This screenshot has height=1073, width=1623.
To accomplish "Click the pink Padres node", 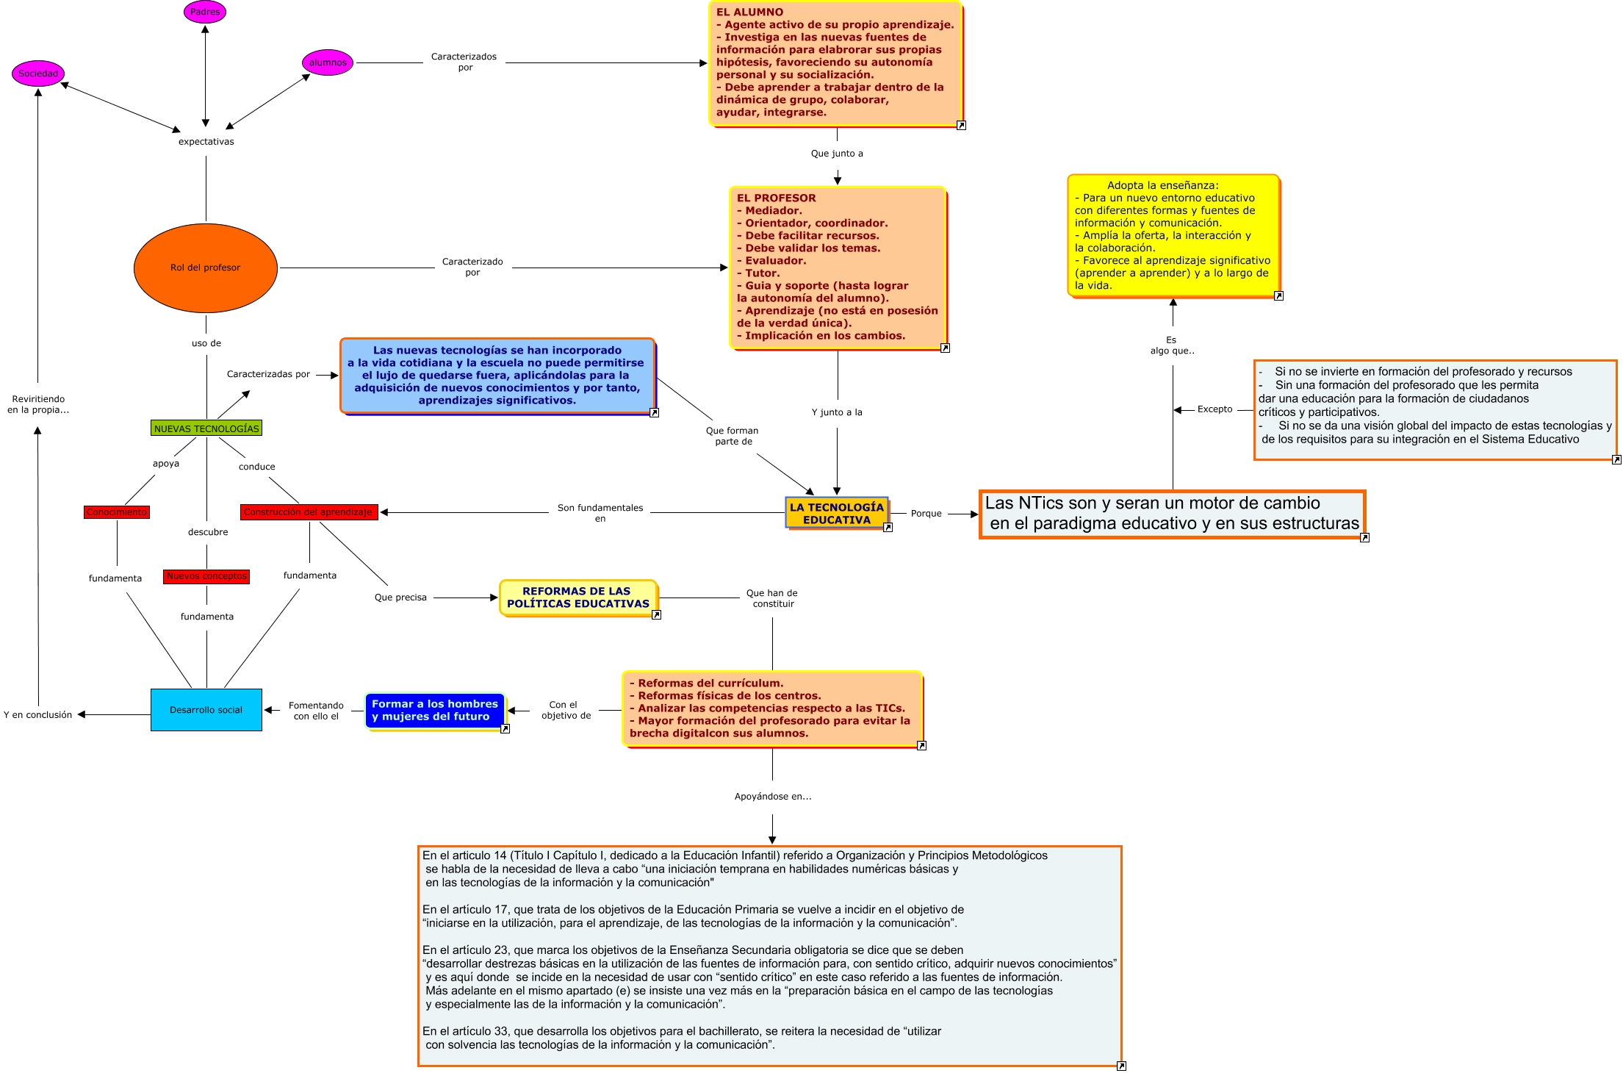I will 205,12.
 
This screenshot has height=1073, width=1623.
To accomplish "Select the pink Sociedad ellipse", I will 38,73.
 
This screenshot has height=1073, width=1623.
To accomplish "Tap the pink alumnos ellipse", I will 328,62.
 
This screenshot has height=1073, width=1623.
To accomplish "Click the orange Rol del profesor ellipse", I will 206,268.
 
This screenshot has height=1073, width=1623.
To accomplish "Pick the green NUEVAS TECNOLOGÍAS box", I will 206,428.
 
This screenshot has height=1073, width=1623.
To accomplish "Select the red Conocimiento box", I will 117,512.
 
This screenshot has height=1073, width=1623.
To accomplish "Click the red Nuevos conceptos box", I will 206,576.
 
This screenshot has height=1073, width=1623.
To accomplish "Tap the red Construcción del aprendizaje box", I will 309,512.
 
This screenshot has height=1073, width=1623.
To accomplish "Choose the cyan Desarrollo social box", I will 206,710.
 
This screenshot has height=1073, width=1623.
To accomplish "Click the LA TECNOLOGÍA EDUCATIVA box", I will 837,513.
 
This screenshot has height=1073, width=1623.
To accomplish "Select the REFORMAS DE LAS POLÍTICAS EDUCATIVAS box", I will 578,597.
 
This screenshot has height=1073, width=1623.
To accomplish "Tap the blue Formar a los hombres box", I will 435,710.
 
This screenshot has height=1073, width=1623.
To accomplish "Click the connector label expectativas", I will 206,142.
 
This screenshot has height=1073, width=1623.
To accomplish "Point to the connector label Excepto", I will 1214,409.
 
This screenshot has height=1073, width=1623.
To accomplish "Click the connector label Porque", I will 926,514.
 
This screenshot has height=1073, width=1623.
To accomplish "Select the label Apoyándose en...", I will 773,797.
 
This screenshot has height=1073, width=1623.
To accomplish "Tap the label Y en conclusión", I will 38,715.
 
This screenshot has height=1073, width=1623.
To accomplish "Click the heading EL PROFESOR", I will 776,198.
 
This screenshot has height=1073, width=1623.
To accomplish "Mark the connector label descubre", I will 208,532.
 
